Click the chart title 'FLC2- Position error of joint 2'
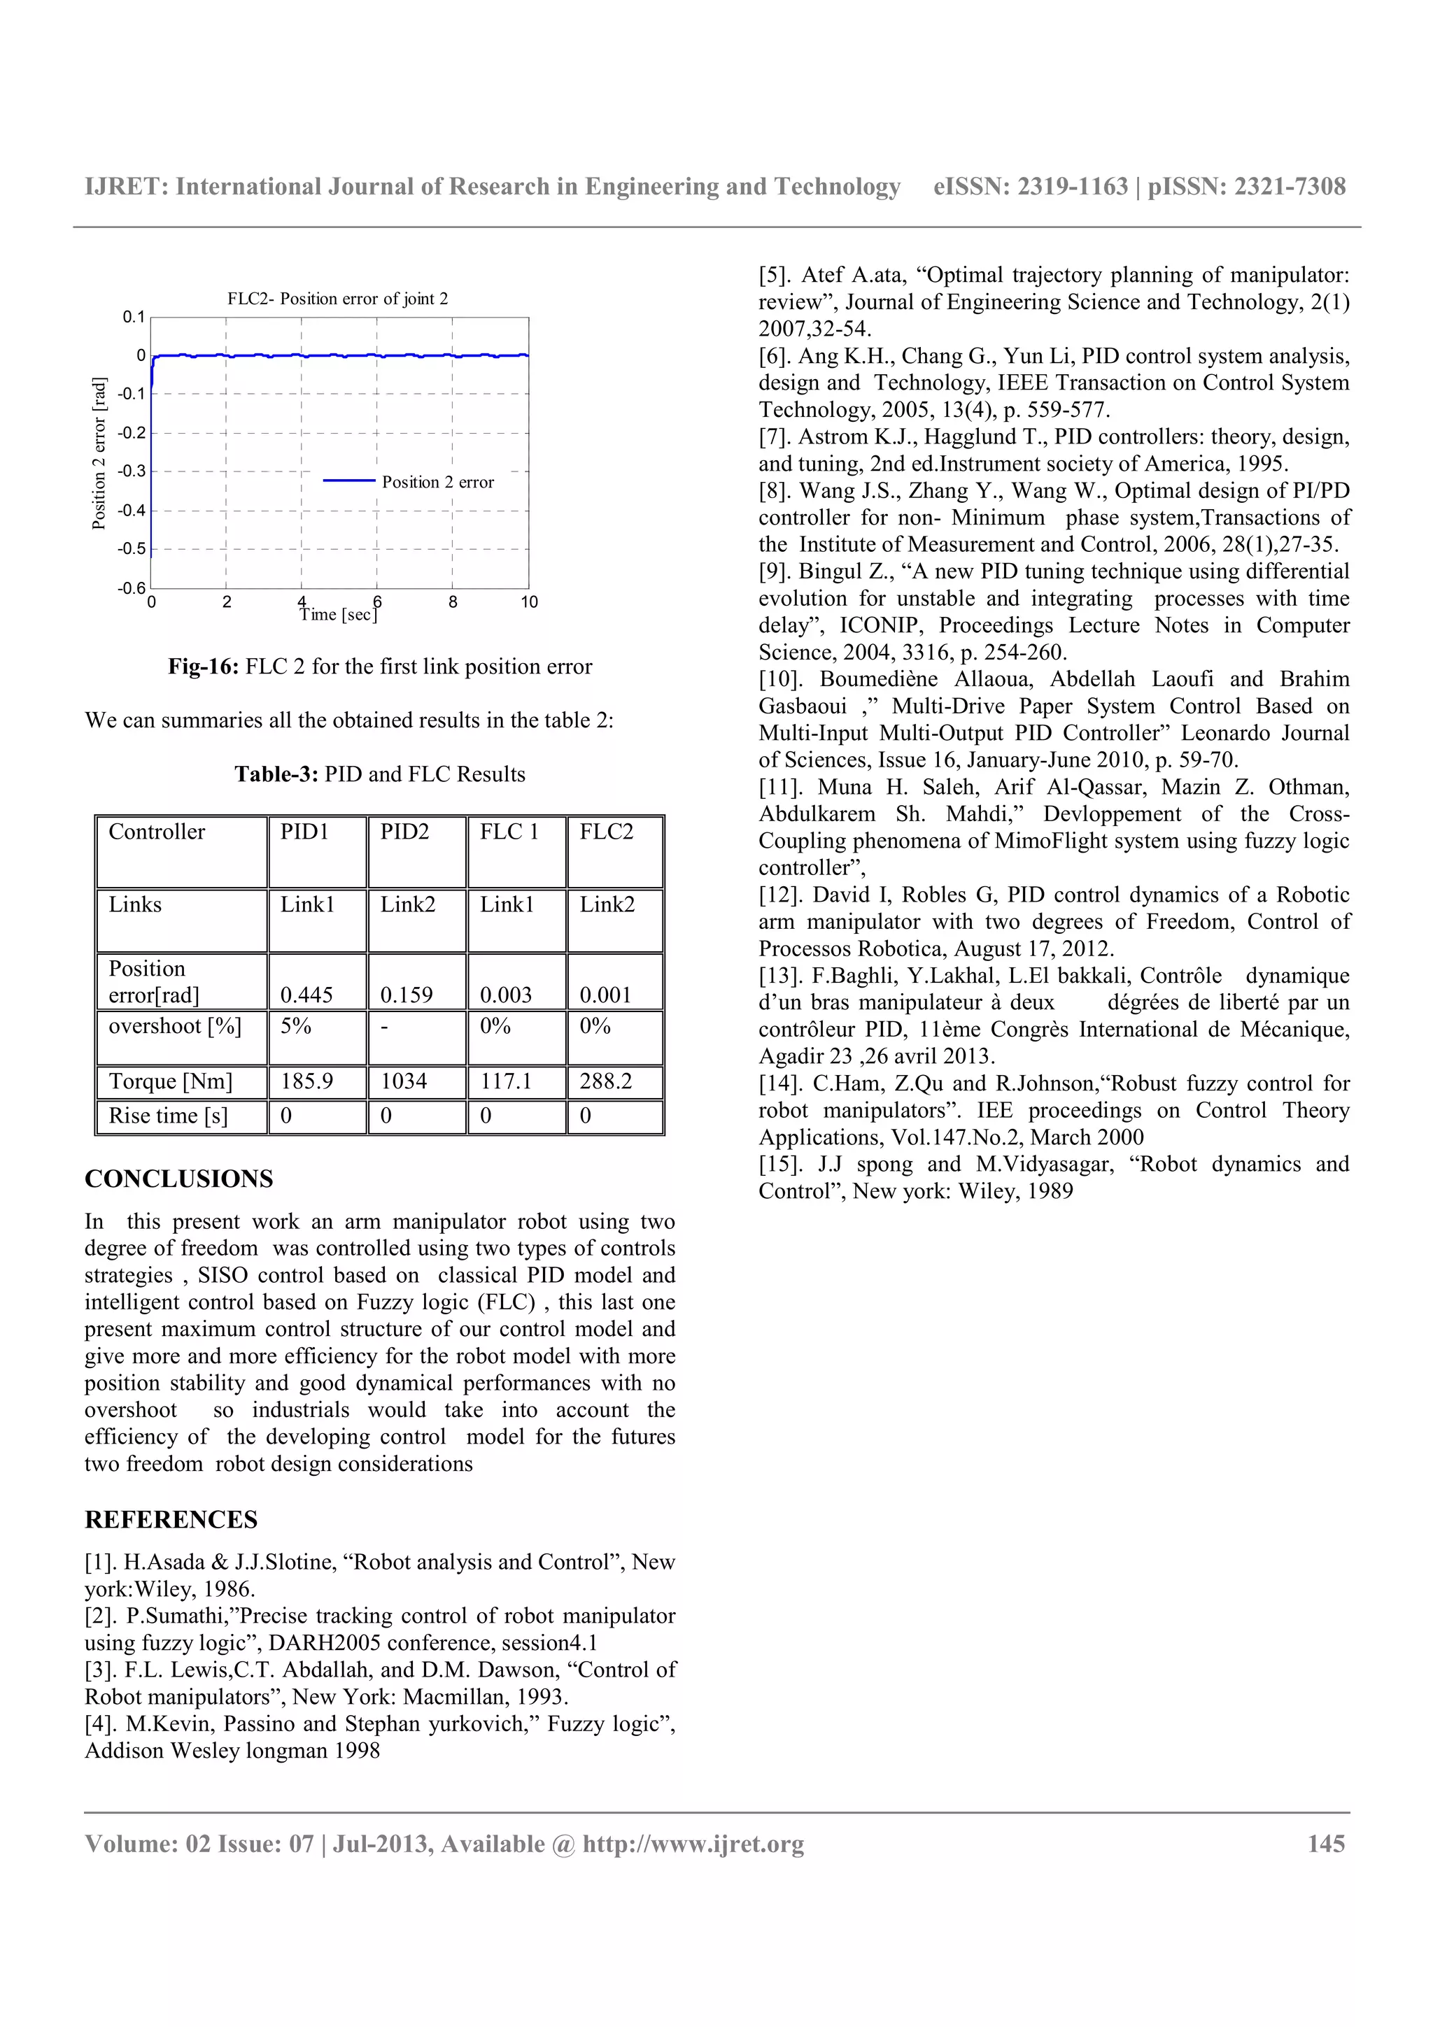coord(337,299)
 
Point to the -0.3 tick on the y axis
coord(132,471)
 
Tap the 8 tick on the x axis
coord(453,602)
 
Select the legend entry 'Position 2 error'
coord(437,482)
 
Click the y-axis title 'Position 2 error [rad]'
coord(99,453)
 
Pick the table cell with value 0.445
coord(306,995)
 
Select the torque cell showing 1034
coord(404,1081)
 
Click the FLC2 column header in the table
coord(607,832)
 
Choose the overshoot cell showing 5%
coord(296,1026)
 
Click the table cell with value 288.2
coord(606,1081)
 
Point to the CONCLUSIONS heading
coord(179,1179)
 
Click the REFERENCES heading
coord(171,1519)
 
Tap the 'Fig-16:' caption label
coord(203,667)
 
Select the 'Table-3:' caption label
coord(276,774)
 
